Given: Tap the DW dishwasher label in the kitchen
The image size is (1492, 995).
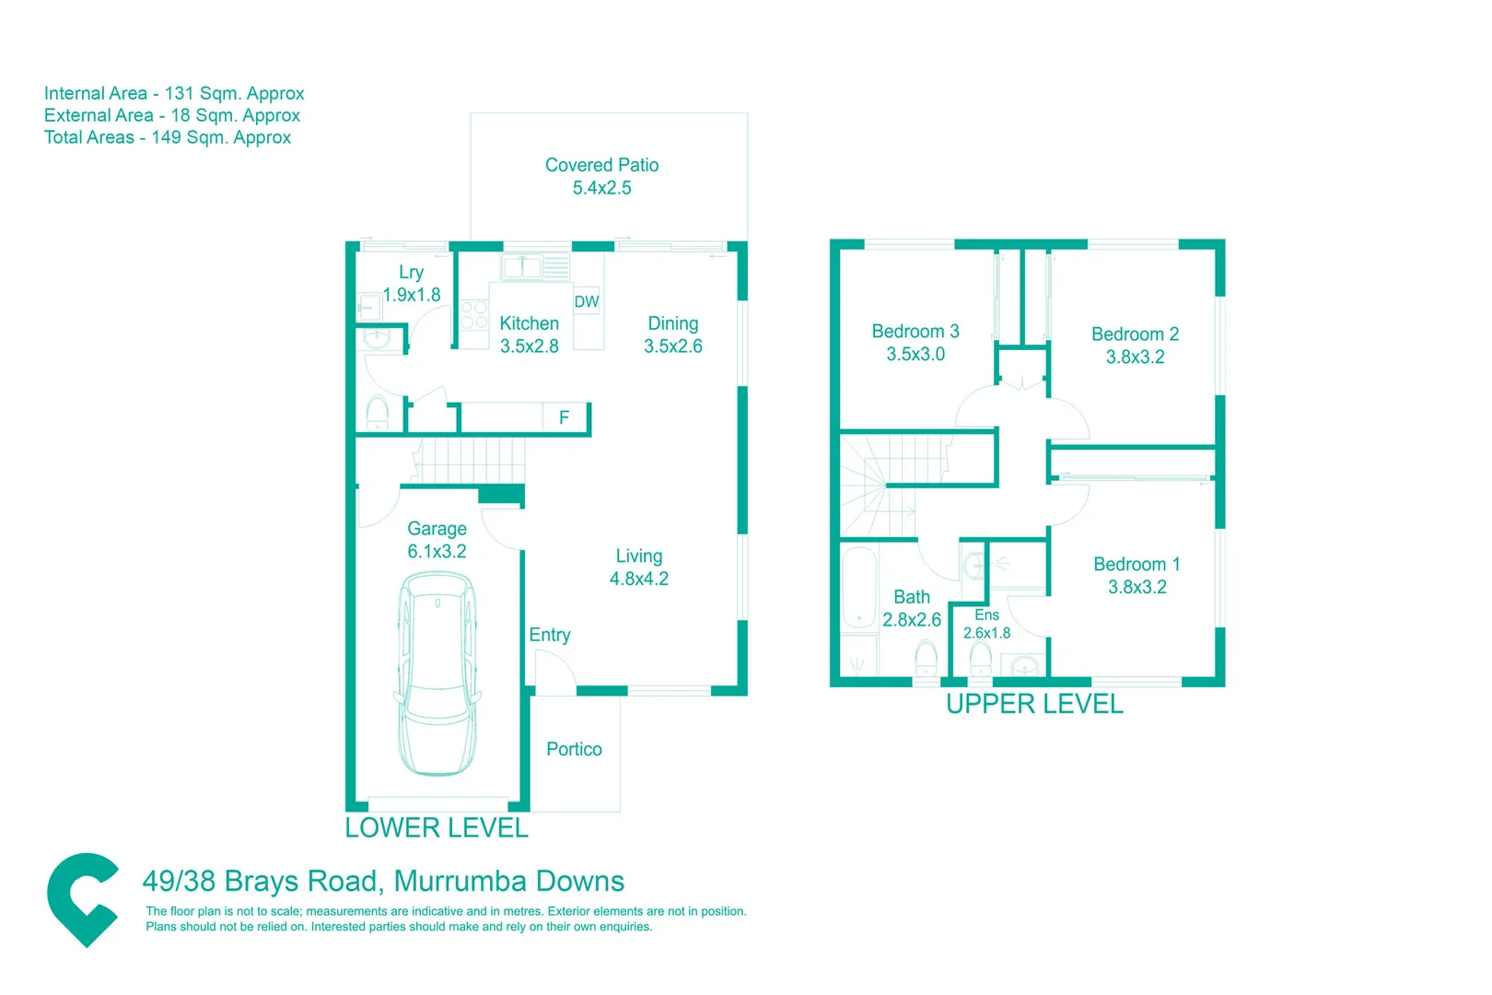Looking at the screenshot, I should [587, 301].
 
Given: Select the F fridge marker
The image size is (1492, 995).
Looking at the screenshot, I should [564, 417].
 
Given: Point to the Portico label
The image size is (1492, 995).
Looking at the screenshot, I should [574, 749].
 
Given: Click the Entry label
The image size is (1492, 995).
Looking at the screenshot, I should [549, 635].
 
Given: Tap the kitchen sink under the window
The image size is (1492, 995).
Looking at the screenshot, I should [522, 267].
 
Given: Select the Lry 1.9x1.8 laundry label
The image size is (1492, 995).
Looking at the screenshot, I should [412, 284].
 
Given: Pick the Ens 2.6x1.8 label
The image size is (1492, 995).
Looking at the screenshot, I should [986, 624].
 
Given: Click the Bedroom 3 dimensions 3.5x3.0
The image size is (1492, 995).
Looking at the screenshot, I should [915, 355].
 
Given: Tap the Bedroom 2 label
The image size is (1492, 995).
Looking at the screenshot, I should [1135, 334].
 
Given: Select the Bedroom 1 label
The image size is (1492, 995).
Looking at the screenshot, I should [1136, 564].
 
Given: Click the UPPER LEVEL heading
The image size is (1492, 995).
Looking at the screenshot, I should [1034, 704].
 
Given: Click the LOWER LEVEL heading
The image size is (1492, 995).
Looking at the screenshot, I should [437, 827].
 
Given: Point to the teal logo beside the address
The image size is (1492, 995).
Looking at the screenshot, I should [83, 898].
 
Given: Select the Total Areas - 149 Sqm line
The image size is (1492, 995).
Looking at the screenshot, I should [168, 137].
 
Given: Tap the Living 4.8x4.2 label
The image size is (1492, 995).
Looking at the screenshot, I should [638, 568].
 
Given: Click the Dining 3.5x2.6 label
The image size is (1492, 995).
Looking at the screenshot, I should [672, 334].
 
